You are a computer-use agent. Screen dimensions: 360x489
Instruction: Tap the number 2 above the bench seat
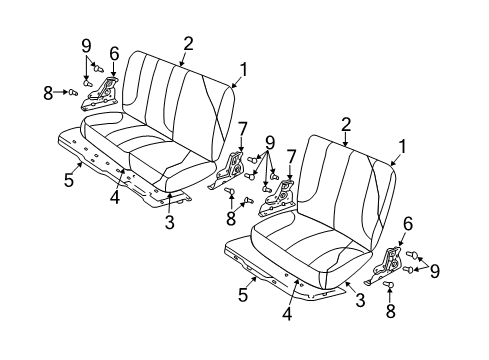[188, 42]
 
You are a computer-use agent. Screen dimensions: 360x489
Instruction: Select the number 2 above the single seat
[346, 123]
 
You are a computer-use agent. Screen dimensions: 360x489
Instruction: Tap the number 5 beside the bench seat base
[68, 181]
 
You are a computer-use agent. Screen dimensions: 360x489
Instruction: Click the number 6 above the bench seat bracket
[114, 53]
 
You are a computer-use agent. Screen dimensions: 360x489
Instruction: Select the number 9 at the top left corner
[86, 45]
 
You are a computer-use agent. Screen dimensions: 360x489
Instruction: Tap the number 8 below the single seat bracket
[389, 311]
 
